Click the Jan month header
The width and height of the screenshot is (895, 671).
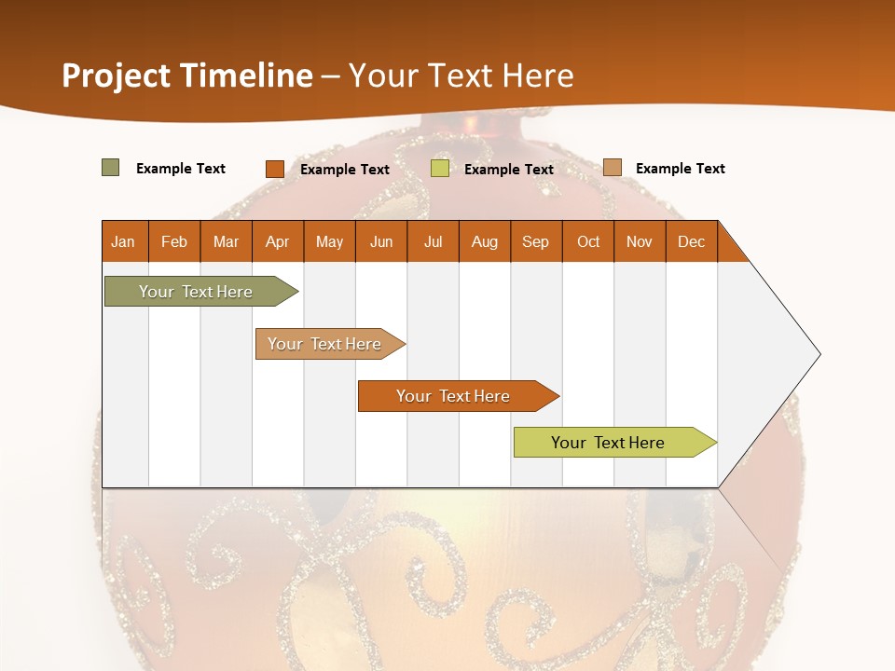(x=124, y=241)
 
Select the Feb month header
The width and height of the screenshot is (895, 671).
(x=174, y=241)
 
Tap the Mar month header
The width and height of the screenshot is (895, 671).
(x=226, y=241)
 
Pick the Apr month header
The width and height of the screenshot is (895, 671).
(x=278, y=241)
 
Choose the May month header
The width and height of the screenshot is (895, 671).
(x=329, y=241)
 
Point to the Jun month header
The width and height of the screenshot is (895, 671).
(x=381, y=241)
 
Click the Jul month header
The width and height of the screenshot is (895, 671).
(x=433, y=241)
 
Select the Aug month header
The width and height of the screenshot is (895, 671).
(x=485, y=241)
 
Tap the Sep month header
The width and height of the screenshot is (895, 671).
(x=536, y=241)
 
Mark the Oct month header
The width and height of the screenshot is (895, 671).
(x=588, y=241)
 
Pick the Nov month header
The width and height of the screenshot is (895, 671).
(x=640, y=241)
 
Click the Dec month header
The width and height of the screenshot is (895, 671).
(x=692, y=241)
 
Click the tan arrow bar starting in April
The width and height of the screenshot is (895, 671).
(x=326, y=344)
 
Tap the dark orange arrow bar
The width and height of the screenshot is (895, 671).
(x=455, y=396)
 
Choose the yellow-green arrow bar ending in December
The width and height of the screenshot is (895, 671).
(x=611, y=443)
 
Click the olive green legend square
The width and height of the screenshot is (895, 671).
(x=111, y=168)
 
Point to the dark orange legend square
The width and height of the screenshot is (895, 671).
(x=275, y=169)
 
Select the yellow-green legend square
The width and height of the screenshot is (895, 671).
(x=440, y=169)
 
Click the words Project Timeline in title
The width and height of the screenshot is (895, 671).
(x=187, y=75)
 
